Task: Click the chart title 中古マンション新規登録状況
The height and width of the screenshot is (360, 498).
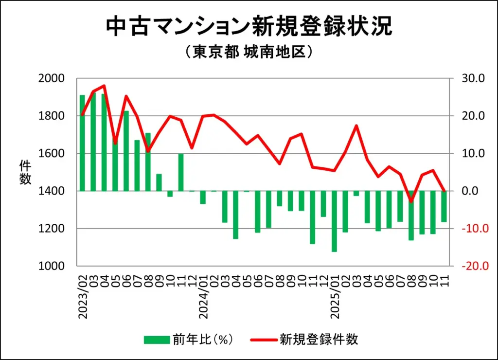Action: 249,27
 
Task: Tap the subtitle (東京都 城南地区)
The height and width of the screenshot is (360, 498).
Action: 249,52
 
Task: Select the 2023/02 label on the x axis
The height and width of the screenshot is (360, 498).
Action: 83,297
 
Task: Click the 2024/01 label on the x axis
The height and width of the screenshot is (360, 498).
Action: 204,297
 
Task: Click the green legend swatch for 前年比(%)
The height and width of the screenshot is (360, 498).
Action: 156,340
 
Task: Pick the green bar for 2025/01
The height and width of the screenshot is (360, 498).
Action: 334,221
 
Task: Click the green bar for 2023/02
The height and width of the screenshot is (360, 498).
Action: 83,143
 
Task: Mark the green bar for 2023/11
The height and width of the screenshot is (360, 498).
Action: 181,172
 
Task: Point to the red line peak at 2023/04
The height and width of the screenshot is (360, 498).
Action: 104,86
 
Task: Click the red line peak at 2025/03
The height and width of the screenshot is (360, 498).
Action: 356,126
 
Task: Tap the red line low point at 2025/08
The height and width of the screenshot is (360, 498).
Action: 411,201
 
